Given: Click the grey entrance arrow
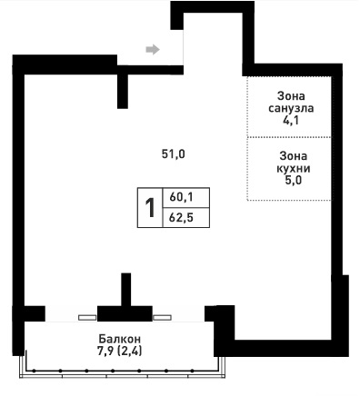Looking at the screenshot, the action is click(153, 49).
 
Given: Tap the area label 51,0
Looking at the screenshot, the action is click(174, 154).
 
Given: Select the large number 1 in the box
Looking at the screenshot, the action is click(150, 208).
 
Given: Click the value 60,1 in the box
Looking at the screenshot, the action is click(181, 197).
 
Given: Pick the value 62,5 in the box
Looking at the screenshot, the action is click(181, 218).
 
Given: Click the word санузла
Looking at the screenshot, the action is click(291, 108).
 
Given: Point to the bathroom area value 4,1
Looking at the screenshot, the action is click(291, 121).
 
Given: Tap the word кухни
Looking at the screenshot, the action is click(294, 169).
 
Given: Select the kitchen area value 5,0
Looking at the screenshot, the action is click(294, 181).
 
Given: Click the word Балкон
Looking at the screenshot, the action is click(120, 339).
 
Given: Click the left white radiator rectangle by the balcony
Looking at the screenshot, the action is click(87, 318).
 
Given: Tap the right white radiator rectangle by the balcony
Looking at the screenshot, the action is click(162, 318).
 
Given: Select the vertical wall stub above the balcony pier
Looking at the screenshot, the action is click(126, 290).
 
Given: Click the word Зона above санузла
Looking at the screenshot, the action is click(291, 96).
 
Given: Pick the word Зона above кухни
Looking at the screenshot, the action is click(294, 156).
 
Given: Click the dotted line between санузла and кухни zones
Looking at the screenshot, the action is click(289, 137).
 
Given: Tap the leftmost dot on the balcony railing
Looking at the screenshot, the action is click(35, 371).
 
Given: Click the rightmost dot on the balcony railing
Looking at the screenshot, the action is click(192, 371).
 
